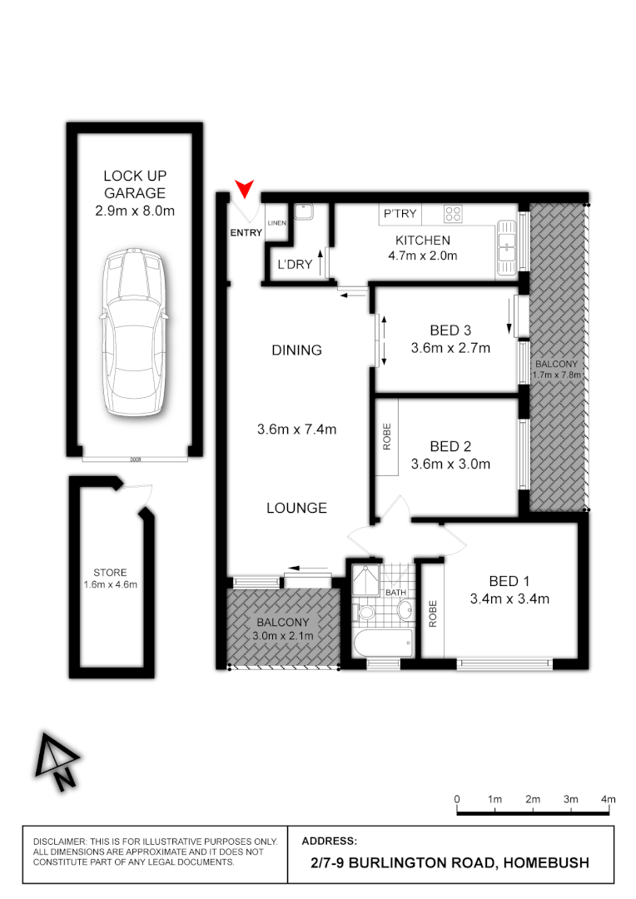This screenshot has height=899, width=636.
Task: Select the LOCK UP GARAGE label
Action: (134, 184)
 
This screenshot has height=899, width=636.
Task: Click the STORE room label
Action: (110, 573)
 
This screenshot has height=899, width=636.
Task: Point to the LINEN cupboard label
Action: (276, 222)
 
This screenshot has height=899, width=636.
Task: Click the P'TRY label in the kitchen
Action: (399, 215)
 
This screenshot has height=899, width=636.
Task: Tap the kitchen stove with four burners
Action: (453, 214)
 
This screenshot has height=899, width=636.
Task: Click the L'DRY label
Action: (294, 264)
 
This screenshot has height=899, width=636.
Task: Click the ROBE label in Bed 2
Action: (386, 438)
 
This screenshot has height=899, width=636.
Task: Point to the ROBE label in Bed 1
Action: (432, 613)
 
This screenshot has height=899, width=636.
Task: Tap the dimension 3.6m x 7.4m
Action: (297, 430)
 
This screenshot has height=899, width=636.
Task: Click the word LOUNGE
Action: (297, 508)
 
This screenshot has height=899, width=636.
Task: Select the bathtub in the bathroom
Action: (382, 641)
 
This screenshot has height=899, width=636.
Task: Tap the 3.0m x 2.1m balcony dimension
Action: (283, 637)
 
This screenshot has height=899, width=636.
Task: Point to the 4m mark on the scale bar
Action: (609, 799)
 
